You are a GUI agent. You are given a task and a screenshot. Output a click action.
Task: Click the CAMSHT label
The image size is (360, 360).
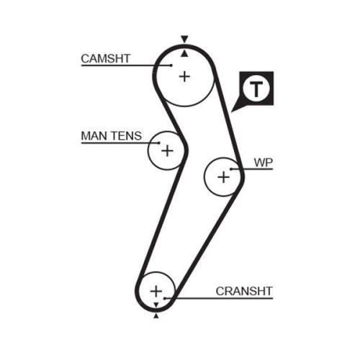point(106,58)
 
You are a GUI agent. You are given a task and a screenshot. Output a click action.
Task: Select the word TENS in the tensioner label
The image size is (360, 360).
point(126,136)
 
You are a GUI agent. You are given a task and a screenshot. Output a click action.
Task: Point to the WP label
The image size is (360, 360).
point(264,163)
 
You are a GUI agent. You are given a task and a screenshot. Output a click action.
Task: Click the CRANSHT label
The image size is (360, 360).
point(244,291)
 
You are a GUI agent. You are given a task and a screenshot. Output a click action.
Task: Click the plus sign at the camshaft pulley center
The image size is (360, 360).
point(184,77)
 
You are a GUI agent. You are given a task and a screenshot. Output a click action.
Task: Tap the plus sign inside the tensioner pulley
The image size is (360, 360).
point(167,150)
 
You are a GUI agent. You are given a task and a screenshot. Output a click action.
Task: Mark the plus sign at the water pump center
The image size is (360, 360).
point(224,178)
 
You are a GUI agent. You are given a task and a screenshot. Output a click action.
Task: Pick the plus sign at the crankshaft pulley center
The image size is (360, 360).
point(156,291)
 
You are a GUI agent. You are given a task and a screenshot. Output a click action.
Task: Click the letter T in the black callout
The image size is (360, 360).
point(256,89)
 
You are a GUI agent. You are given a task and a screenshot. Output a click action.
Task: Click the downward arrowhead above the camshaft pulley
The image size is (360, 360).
point(184,39)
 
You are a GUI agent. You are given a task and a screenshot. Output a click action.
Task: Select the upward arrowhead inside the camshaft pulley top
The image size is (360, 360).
point(184,53)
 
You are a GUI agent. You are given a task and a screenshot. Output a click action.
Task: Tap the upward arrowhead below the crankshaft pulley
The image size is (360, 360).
point(156,316)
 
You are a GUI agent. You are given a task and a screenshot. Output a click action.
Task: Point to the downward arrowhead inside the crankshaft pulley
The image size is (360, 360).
point(156,305)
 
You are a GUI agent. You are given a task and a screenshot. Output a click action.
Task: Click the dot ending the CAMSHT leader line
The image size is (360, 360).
point(171,65)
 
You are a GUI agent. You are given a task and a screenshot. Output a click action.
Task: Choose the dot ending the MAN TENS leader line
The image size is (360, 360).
point(159,143)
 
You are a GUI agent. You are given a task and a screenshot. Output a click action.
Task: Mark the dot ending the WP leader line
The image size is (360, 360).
point(231,169)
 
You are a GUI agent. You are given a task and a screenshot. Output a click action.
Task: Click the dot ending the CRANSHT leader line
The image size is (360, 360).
point(165,298)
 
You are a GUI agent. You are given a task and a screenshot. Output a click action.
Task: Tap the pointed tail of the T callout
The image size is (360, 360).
point(231,112)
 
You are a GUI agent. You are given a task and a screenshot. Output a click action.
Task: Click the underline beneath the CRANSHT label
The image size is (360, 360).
point(219,298)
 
